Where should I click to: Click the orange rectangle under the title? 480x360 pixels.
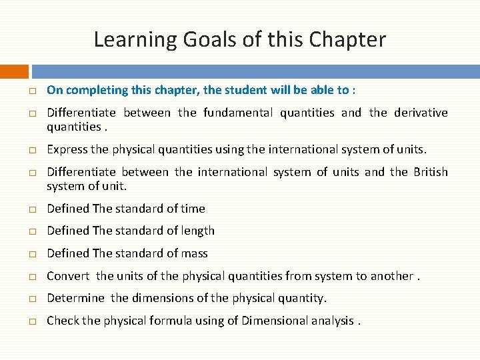tap(14, 71)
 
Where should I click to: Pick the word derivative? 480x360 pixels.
tap(421, 113)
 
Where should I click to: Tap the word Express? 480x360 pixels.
tap(67, 149)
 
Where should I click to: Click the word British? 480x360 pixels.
tap(430, 172)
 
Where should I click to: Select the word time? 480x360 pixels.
tap(193, 209)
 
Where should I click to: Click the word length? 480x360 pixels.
tap(197, 231)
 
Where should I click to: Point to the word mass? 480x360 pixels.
tap(194, 253)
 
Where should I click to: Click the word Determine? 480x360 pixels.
tap(75, 298)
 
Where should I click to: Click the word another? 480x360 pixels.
tap(391, 276)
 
